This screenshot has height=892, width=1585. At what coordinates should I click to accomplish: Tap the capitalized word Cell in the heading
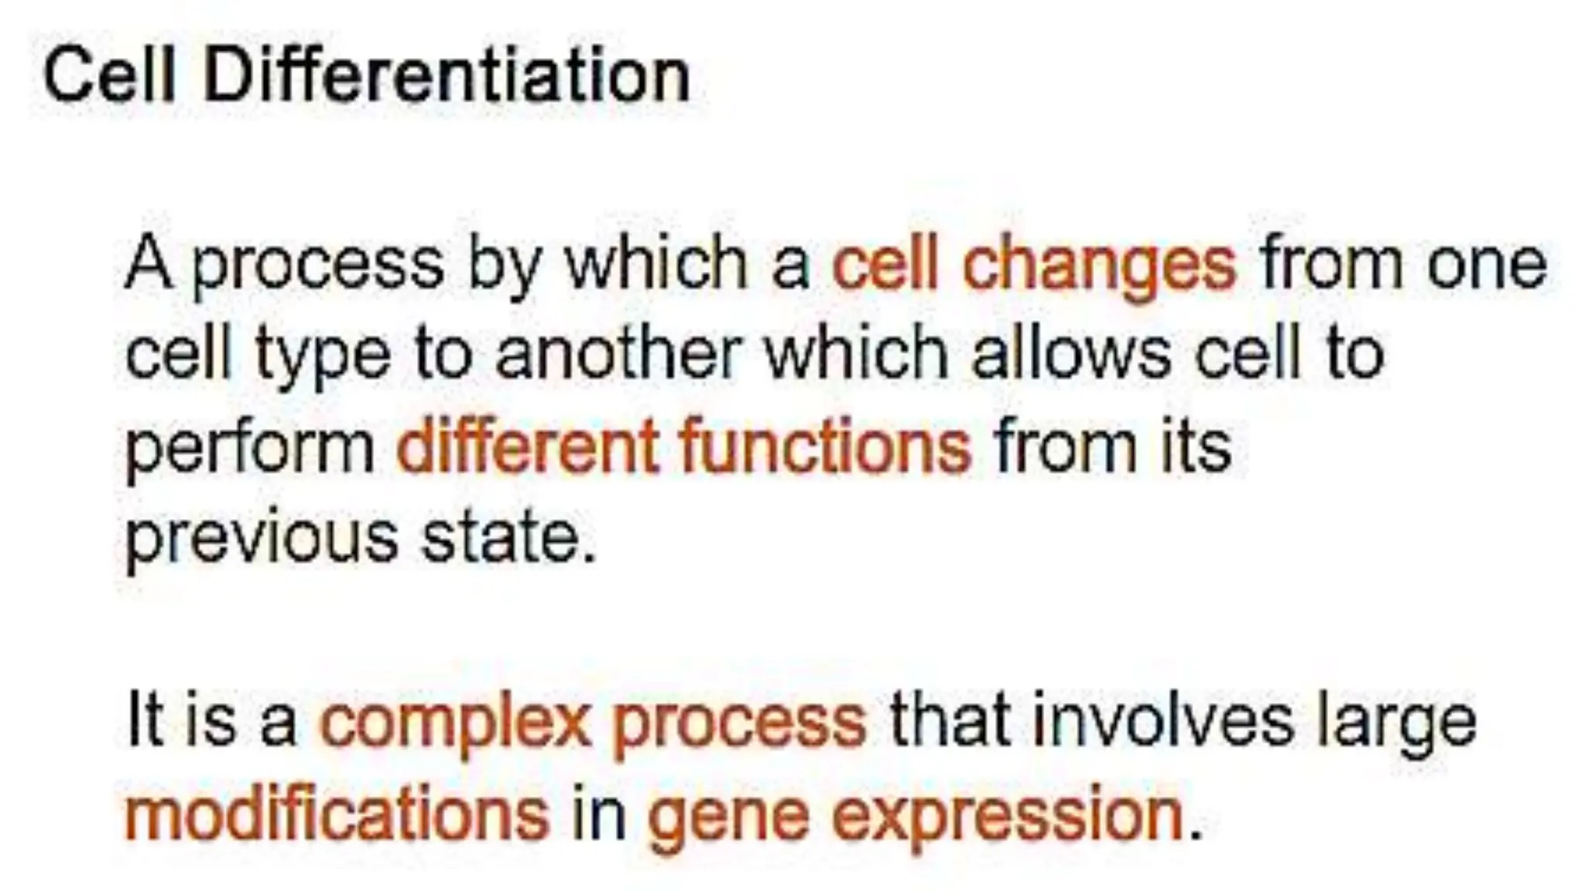[109, 76]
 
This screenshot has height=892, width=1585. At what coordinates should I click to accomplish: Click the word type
[323, 357]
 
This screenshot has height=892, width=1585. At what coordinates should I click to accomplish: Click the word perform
[249, 450]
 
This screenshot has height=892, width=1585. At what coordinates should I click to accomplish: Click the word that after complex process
[950, 721]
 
